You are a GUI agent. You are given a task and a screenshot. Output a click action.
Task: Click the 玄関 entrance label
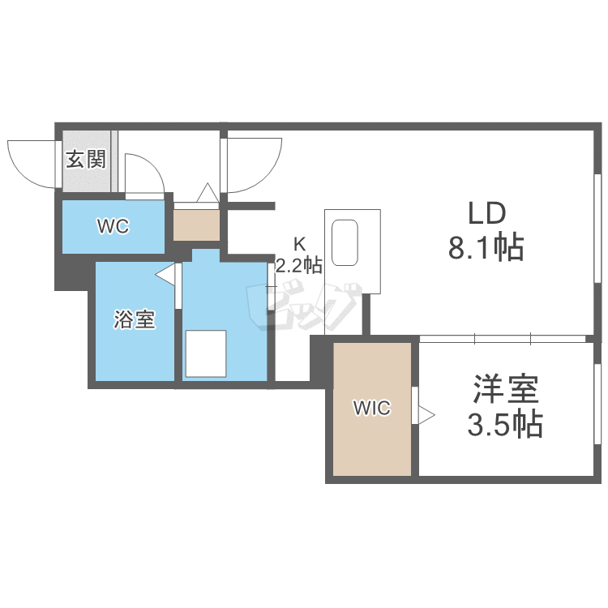(x=86, y=159)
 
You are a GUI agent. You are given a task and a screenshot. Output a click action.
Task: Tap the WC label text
(x=113, y=227)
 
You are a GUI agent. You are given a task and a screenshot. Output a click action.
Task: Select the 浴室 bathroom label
(x=134, y=320)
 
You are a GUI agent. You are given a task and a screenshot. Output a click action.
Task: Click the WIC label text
(x=371, y=409)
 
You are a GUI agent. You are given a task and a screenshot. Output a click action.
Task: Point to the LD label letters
(x=486, y=214)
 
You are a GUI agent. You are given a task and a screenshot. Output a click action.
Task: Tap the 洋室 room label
(x=505, y=392)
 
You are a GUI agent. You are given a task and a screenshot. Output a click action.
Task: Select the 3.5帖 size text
(x=505, y=424)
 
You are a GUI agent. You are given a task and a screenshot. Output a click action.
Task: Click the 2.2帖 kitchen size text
(x=298, y=264)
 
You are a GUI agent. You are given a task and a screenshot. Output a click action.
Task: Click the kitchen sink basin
(x=347, y=242)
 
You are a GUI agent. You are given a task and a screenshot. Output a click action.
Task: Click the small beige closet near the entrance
(x=196, y=225)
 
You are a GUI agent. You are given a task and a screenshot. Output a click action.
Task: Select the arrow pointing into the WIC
(x=426, y=416)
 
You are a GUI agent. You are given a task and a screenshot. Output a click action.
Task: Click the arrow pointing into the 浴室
(x=165, y=276)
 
